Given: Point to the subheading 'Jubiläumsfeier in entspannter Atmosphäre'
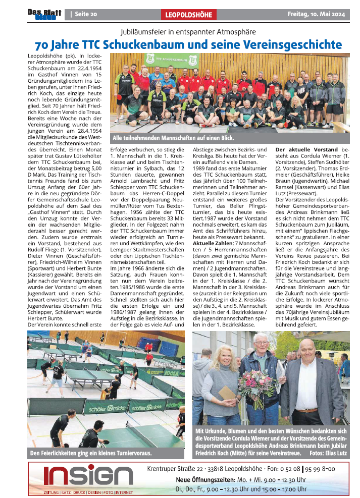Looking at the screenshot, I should (x=185, y=31).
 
